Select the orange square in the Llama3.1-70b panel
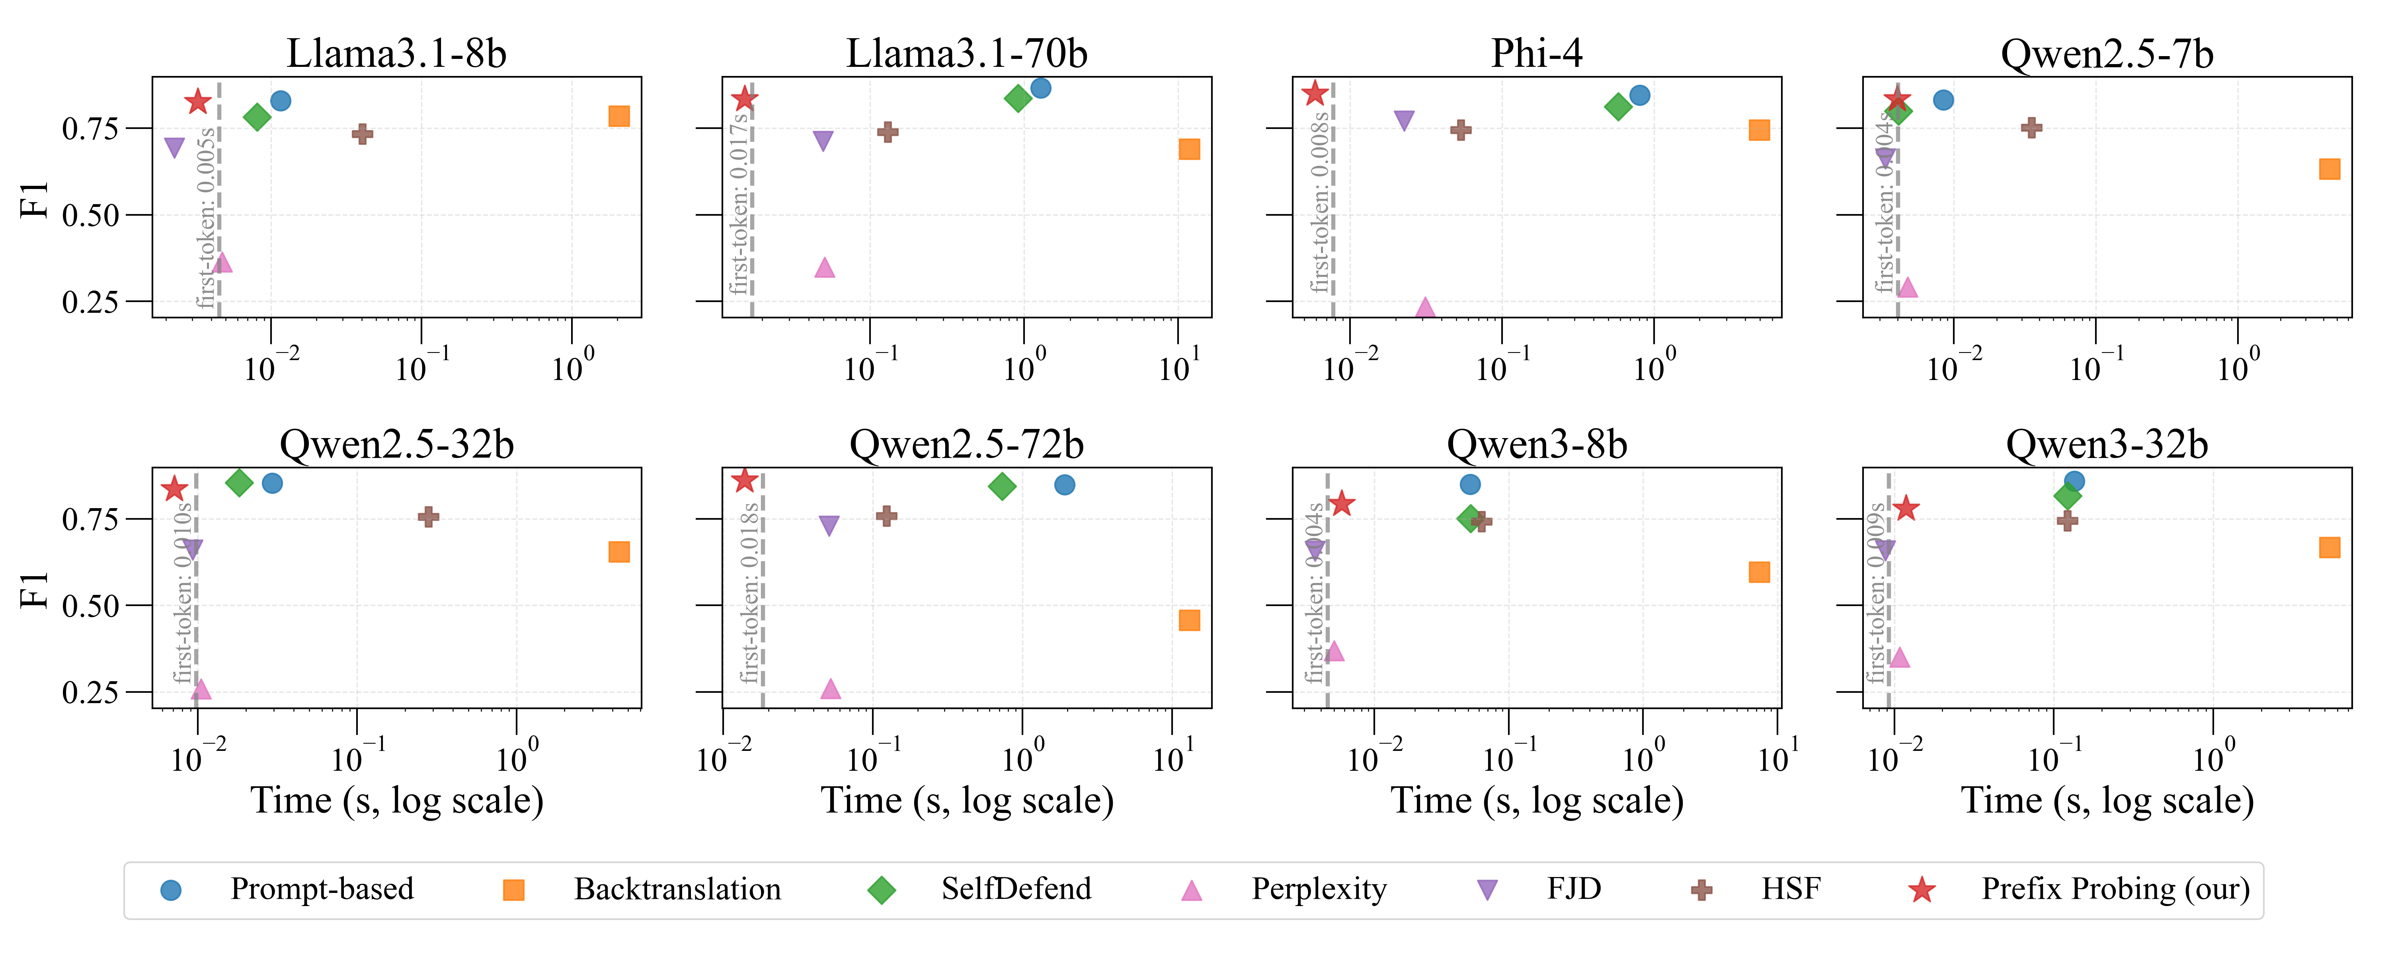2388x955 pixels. pyautogui.click(x=1189, y=149)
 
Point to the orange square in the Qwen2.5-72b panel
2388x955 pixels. pyautogui.click(x=1189, y=620)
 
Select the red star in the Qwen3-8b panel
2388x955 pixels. pyautogui.click(x=1341, y=503)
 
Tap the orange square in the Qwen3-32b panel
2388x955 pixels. pyautogui.click(x=2329, y=548)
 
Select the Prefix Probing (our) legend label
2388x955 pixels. pyautogui.click(x=2115, y=889)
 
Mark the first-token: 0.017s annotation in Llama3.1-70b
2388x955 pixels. pyautogui.click(x=739, y=204)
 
